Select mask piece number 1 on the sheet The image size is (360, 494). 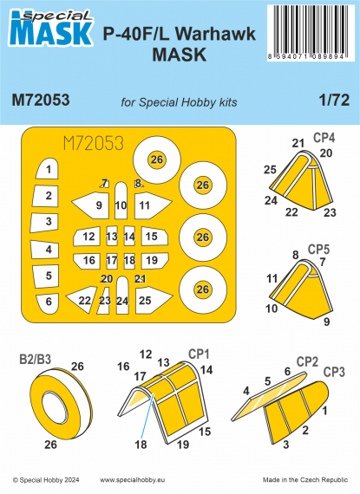tap(49, 170)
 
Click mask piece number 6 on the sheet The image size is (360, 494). tap(49, 301)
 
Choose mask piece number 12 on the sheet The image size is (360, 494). tap(89, 236)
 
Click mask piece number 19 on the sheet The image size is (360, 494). tap(151, 260)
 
